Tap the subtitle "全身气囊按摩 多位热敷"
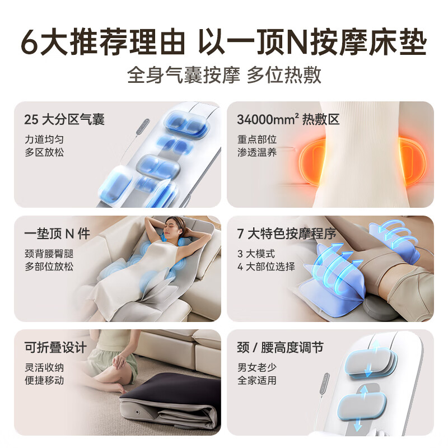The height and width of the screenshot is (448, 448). coord(224,75)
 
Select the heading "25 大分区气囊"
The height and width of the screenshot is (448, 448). coord(64,119)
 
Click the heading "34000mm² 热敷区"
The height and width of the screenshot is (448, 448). coord(288,119)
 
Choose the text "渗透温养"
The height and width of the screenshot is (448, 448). coord(256,152)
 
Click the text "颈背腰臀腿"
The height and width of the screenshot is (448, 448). coord(49,253)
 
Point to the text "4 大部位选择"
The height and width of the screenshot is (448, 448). coord(266,267)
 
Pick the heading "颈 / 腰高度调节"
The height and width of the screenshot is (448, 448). coord(280,348)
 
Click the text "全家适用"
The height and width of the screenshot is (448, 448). coord(256,381)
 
